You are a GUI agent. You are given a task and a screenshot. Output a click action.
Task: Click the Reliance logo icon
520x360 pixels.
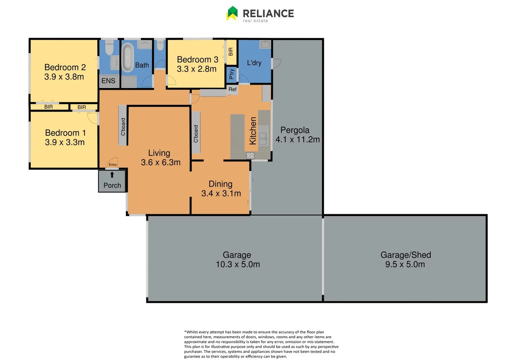pyautogui.click(x=232, y=13)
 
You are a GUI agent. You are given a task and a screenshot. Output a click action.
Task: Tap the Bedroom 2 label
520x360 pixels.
pyautogui.click(x=65, y=67)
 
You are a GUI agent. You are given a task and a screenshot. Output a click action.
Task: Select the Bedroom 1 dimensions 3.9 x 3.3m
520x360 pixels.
pyautogui.click(x=65, y=142)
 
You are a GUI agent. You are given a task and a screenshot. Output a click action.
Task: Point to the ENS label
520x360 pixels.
pyautogui.click(x=108, y=81)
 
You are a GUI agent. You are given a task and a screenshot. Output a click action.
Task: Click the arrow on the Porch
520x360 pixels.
pyautogui.click(x=112, y=175)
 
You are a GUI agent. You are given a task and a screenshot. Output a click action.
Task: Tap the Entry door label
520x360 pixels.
pyautogui.click(x=113, y=165)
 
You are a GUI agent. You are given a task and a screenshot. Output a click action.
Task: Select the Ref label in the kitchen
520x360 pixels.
pyautogui.click(x=232, y=89)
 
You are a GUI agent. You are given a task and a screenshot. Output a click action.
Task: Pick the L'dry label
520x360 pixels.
pyautogui.click(x=254, y=63)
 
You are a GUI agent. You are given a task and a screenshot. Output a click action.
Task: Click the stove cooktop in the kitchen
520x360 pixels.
pyautogui.click(x=250, y=156)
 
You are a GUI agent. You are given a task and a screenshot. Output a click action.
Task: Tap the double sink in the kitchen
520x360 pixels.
pyautogui.click(x=263, y=139)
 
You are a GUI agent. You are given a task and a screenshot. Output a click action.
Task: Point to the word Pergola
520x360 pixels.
pyautogui.click(x=295, y=130)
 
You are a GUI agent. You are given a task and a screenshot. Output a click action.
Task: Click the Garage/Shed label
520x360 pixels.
pyautogui.click(x=406, y=255)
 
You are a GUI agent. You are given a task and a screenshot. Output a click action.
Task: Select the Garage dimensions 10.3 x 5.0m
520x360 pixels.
pyautogui.click(x=238, y=264)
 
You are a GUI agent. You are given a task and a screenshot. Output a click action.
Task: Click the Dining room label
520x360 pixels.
pyautogui.click(x=220, y=184)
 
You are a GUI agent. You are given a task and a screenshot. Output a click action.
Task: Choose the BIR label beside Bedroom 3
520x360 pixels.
pyautogui.click(x=231, y=52)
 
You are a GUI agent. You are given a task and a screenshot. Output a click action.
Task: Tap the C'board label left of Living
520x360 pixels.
pyautogui.click(x=123, y=127)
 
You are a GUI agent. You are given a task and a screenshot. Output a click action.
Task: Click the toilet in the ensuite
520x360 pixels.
pyautogui.click(x=109, y=48)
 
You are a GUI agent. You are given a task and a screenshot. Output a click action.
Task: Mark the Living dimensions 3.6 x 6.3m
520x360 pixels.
pyautogui.click(x=161, y=163)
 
